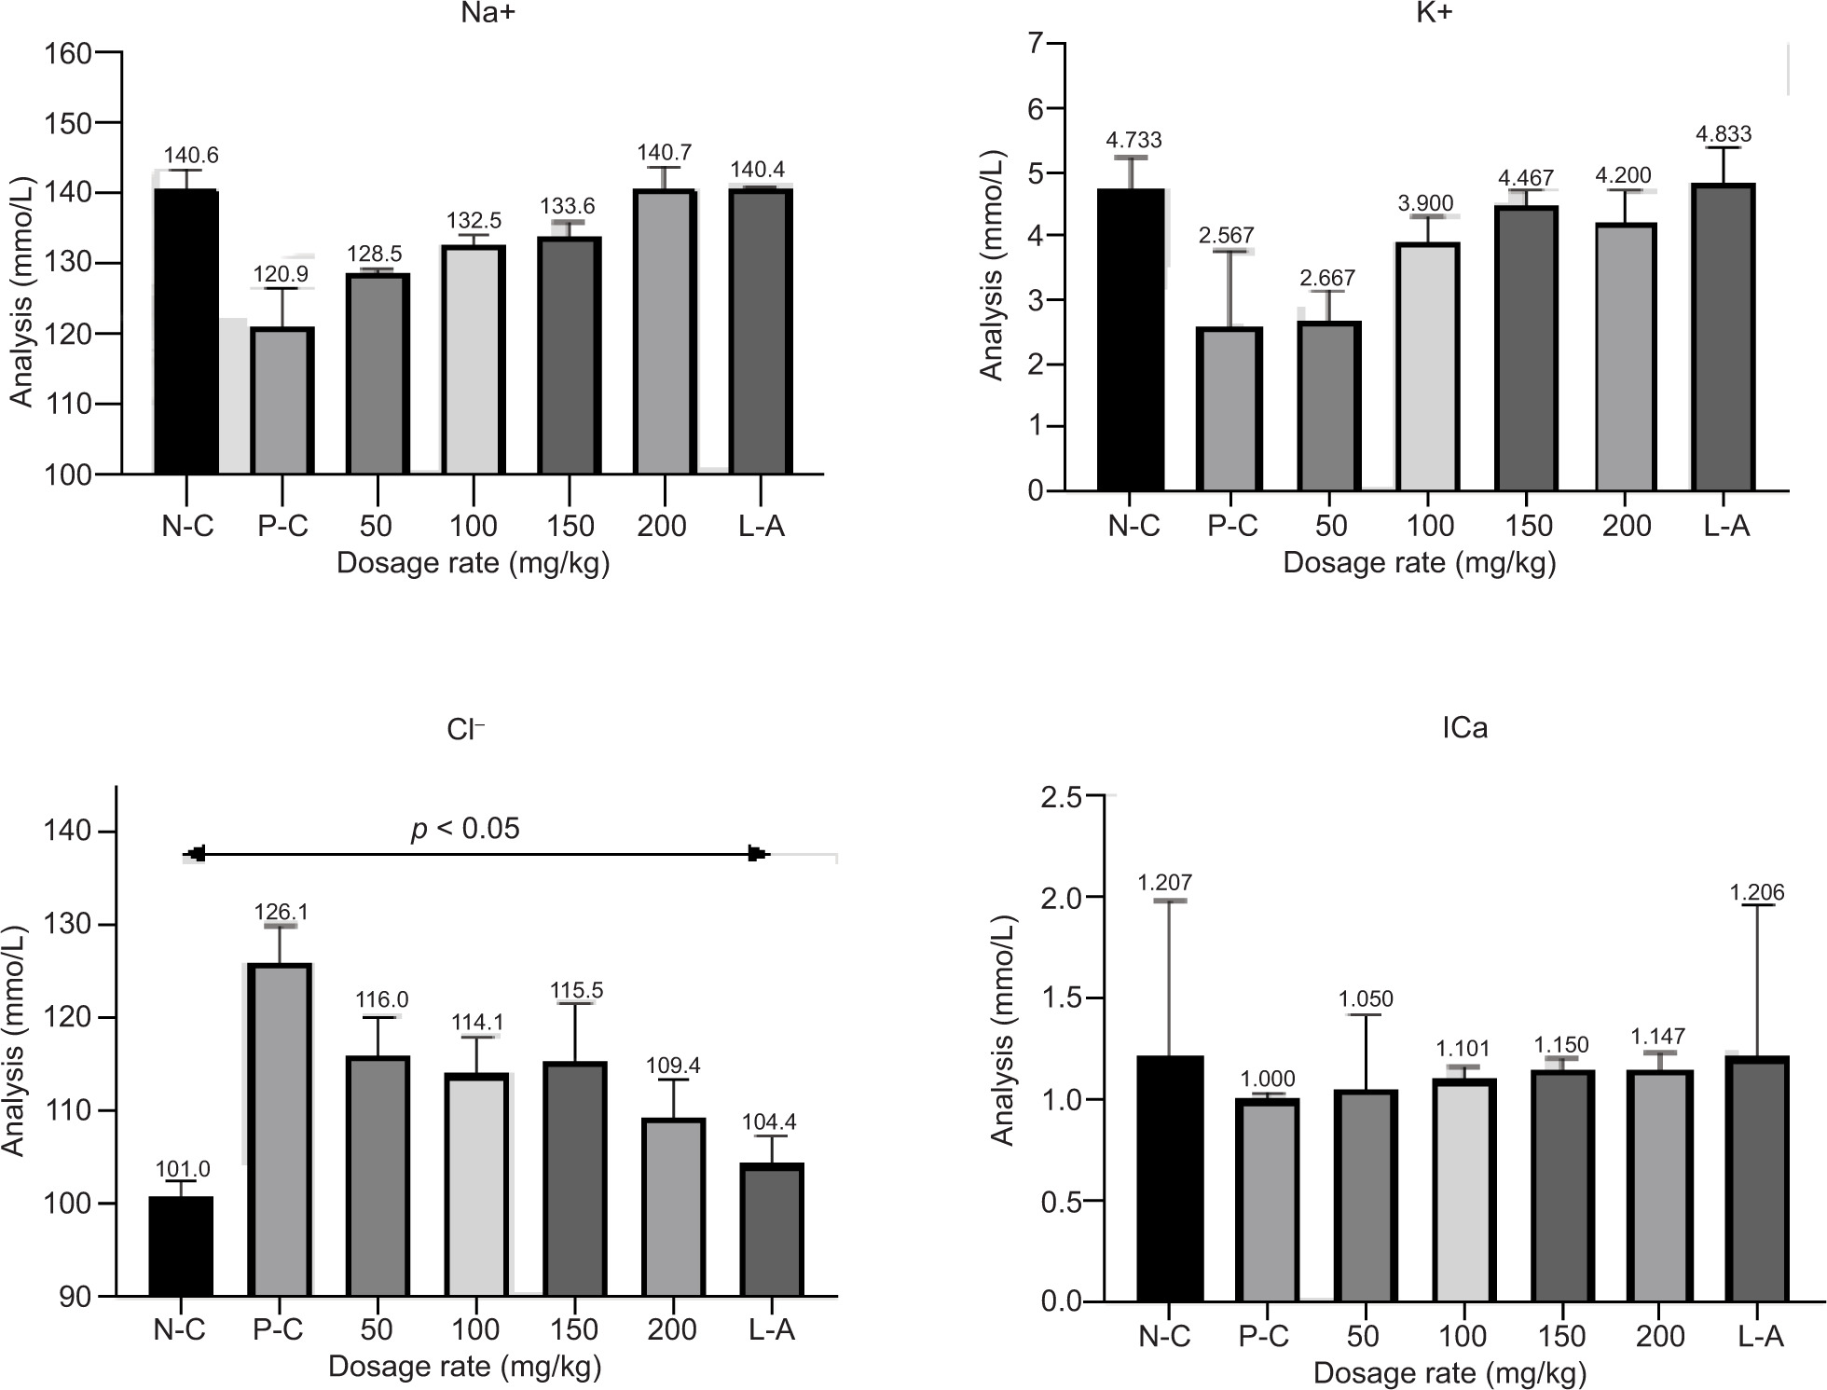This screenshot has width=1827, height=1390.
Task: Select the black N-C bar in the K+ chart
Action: [1131, 339]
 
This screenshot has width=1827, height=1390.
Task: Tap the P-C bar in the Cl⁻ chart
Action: [280, 1130]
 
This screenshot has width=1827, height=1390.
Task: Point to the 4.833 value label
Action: [1725, 134]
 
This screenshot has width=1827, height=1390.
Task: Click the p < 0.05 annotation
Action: [465, 829]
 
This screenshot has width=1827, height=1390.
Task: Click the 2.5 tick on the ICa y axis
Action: [1063, 797]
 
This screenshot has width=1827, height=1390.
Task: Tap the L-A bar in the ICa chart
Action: [1756, 1179]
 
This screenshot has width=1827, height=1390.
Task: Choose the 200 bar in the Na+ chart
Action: [665, 332]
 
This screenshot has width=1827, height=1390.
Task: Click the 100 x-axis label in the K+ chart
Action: [1429, 526]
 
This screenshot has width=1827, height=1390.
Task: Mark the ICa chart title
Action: [1464, 727]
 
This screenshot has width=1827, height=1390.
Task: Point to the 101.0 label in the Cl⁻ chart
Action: [182, 1169]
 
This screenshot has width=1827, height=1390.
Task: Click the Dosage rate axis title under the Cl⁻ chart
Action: [464, 1367]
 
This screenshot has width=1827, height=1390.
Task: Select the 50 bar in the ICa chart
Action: [1365, 1196]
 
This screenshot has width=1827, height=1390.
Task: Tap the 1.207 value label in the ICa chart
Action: [1165, 882]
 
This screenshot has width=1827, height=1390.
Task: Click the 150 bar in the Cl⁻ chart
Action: [575, 1179]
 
